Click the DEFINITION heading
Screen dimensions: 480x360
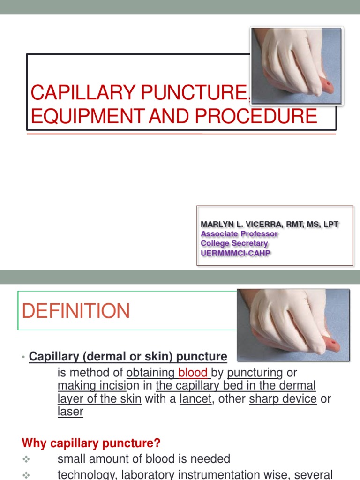point(76,311)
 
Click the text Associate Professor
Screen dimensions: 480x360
point(239,233)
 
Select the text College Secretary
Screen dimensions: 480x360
point(234,243)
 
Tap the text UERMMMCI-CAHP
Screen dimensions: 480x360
point(236,253)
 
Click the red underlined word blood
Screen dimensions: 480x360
point(193,373)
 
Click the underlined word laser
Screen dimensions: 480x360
point(70,412)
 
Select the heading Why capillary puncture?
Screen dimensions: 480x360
point(91,442)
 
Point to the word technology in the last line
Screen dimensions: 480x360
point(87,474)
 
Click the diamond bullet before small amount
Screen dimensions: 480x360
point(27,459)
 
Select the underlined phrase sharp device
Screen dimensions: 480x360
point(283,399)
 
